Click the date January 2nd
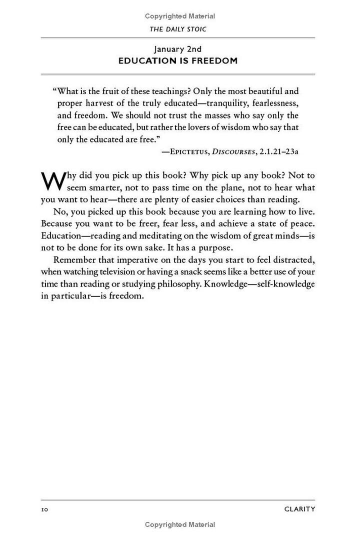pyautogui.click(x=177, y=49)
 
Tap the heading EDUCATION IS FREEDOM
pyautogui.click(x=177, y=61)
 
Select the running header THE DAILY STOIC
pyautogui.click(x=178, y=29)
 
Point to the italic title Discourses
pyautogui.click(x=232, y=150)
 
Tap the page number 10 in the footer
pyautogui.click(x=44, y=509)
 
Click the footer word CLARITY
pyautogui.click(x=299, y=509)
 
